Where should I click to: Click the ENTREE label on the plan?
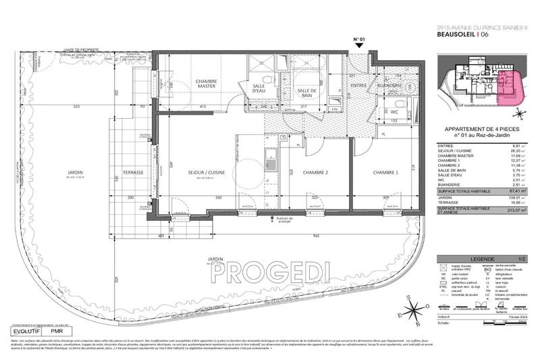(x=358, y=86)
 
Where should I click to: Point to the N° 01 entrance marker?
(x=359, y=40)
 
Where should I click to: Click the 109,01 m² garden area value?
(x=518, y=198)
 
